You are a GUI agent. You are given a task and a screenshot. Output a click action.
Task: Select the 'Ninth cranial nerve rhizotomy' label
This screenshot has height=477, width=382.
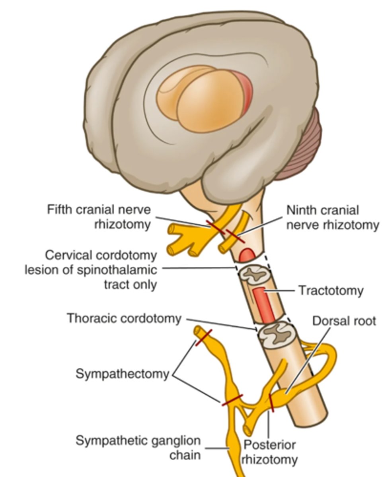pos(332,217)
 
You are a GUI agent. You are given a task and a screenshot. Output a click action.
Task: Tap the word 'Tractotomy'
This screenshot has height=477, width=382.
pos(331,291)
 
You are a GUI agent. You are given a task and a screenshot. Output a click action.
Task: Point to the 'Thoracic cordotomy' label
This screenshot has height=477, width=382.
pos(124,318)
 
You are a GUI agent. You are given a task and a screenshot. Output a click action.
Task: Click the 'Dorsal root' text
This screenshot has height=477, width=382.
pos(344,321)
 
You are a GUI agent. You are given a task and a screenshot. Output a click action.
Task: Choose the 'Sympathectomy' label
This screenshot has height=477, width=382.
pos(122,374)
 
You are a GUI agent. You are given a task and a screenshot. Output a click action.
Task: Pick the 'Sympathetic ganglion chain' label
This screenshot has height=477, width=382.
pos(138,448)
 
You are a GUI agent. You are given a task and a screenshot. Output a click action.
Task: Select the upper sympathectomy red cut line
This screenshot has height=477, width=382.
pos(203,337)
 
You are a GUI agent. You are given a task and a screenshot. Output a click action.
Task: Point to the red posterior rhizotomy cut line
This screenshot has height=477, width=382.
pos(271,403)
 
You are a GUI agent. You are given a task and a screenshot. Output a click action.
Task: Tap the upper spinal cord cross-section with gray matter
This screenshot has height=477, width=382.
pos(255,274)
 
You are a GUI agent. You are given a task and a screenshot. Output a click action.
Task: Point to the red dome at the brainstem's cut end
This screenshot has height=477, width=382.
pos(247,255)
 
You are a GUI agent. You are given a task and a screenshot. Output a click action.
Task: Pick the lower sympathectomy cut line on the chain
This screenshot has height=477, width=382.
pos(232,400)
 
